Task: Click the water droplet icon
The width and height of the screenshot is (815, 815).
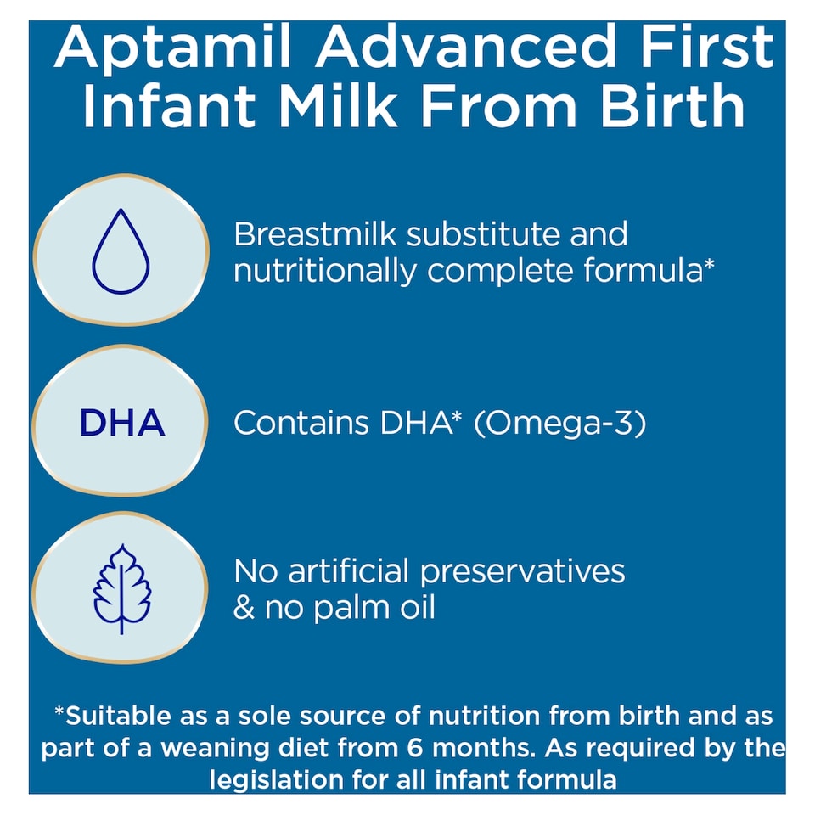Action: point(121,251)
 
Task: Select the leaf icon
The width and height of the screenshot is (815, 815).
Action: point(121,588)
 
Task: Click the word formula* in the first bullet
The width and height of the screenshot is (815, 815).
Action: point(655,272)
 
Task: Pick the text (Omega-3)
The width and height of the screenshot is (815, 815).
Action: point(559,424)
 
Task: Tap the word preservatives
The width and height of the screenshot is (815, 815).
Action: point(523,571)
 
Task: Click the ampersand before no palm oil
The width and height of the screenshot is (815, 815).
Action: point(244,609)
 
